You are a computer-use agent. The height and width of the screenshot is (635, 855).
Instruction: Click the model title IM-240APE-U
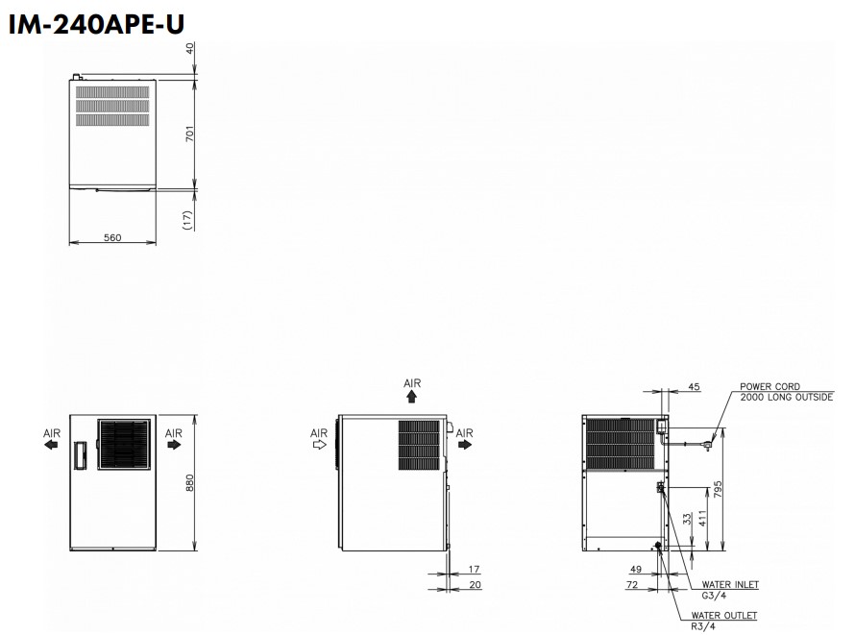[x=96, y=24]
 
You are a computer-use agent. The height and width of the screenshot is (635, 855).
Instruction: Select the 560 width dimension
[x=112, y=237]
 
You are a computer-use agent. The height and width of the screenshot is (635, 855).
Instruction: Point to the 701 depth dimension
[x=189, y=134]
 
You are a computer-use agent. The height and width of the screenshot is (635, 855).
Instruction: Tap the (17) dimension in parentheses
[x=188, y=220]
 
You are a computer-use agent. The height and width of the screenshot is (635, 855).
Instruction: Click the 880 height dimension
[x=189, y=483]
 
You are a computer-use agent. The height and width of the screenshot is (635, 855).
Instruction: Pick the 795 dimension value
[x=718, y=489]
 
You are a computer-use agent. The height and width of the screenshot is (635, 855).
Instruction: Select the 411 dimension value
[x=702, y=519]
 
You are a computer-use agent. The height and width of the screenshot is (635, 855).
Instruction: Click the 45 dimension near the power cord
[x=694, y=387]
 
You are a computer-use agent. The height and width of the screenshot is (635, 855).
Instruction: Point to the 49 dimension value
[x=636, y=569]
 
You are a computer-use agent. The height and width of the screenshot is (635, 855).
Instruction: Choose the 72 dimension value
[x=632, y=585]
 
